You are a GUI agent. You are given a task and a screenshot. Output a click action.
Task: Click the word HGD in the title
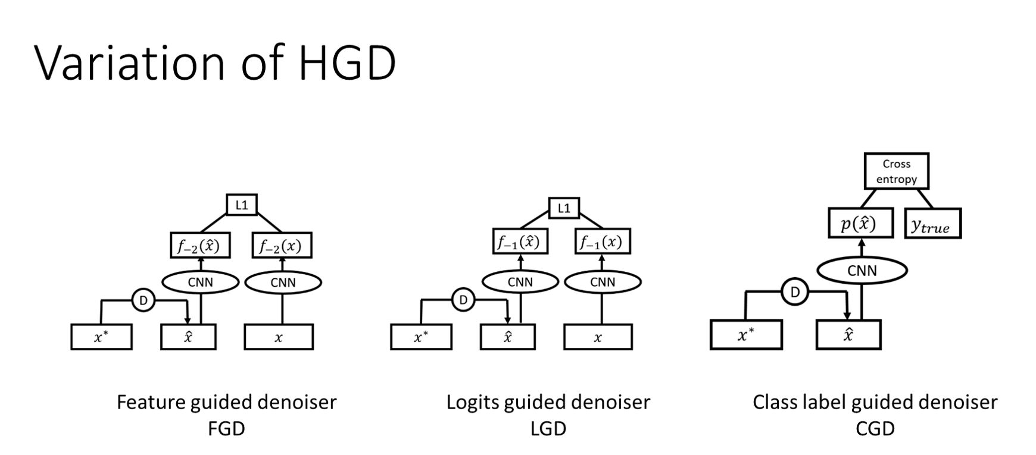tap(347, 62)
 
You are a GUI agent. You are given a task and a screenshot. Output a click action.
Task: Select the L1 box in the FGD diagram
tap(241, 205)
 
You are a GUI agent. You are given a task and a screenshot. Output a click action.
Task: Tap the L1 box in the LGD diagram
tap(563, 208)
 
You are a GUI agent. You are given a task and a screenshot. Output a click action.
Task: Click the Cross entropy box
tap(896, 171)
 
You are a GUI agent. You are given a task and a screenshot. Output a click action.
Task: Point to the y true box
tap(932, 224)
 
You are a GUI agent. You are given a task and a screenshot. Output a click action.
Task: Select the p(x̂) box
tap(860, 223)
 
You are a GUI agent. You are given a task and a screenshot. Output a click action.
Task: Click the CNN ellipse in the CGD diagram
tap(862, 271)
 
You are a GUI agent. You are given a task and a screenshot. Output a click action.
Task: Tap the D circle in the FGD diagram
tap(143, 300)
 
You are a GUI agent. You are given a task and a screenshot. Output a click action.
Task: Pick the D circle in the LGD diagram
tap(463, 300)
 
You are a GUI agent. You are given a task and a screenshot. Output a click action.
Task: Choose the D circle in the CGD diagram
tap(794, 291)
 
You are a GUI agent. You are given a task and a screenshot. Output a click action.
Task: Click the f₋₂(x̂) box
tap(200, 245)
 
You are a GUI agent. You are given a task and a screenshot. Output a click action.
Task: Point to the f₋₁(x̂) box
tap(520, 242)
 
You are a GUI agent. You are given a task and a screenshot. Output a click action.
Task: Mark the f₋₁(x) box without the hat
tap(602, 242)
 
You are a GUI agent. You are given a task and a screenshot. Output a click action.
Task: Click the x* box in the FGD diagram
tap(101, 337)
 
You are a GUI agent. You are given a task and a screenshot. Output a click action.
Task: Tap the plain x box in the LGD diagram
tap(598, 337)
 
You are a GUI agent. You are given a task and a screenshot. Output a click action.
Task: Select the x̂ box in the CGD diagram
tap(848, 335)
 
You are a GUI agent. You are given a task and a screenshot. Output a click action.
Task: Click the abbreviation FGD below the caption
tap(226, 428)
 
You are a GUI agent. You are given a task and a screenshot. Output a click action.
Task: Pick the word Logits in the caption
tap(473, 403)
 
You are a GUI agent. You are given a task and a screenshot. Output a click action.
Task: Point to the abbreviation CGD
tap(875, 428)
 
